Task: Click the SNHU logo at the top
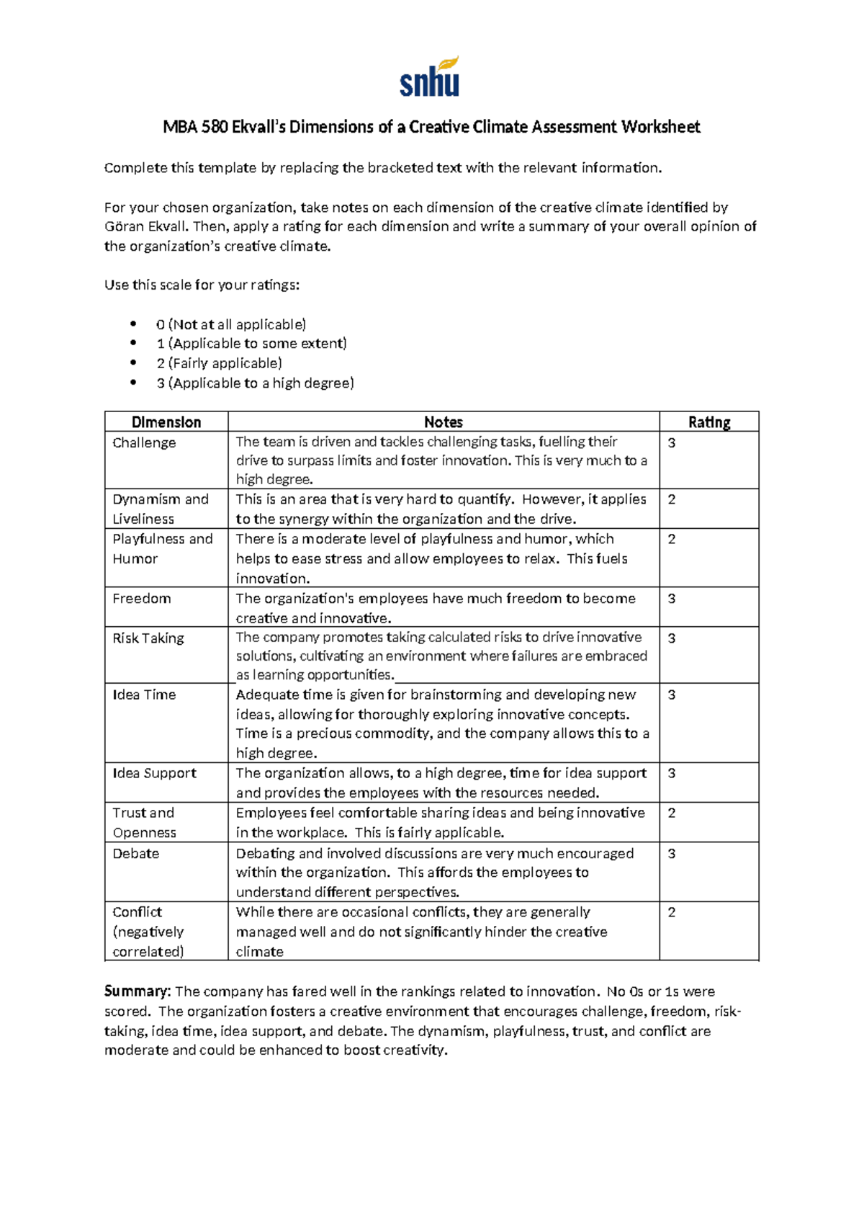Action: (430, 78)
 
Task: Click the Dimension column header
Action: (166, 422)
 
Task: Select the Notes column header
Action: (443, 422)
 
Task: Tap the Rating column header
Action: (708, 422)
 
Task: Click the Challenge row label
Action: (144, 442)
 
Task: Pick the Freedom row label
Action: (142, 599)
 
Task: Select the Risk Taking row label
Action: (148, 638)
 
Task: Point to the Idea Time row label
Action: (144, 695)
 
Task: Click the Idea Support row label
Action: (154, 773)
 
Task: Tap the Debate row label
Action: (136, 853)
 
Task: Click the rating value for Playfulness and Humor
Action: (672, 539)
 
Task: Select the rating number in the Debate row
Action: (672, 853)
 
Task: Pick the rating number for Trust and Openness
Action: (672, 813)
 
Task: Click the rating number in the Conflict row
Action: (672, 912)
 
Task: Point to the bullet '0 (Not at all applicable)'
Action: (231, 324)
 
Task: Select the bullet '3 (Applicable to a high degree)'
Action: (255, 383)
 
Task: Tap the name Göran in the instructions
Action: (123, 227)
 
